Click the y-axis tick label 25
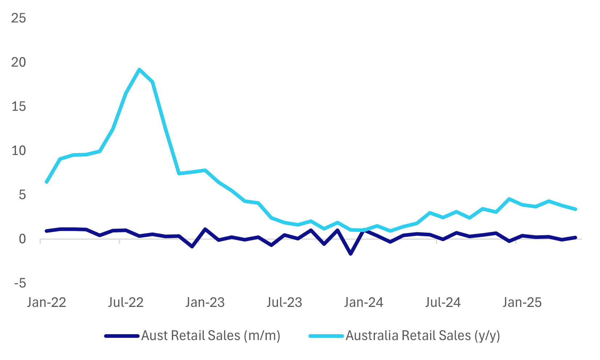[x=19, y=18]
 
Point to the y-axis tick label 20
[x=19, y=62]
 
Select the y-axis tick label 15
[x=19, y=107]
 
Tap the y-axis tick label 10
[x=19, y=151]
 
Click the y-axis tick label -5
[x=20, y=283]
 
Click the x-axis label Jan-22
[x=47, y=303]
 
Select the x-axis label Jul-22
[x=126, y=303]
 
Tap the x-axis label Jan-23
[x=205, y=303]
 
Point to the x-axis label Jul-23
[x=284, y=303]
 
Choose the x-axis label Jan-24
[x=364, y=303]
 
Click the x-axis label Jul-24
[x=443, y=303]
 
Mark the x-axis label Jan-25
[x=522, y=303]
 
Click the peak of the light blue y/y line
[x=139, y=69]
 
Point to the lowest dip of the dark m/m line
[x=351, y=254]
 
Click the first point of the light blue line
[x=47, y=182]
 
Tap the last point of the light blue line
[x=576, y=209]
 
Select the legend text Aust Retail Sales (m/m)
[x=211, y=336]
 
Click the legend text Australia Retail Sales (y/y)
[x=423, y=336]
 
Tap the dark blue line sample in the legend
[x=122, y=336]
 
